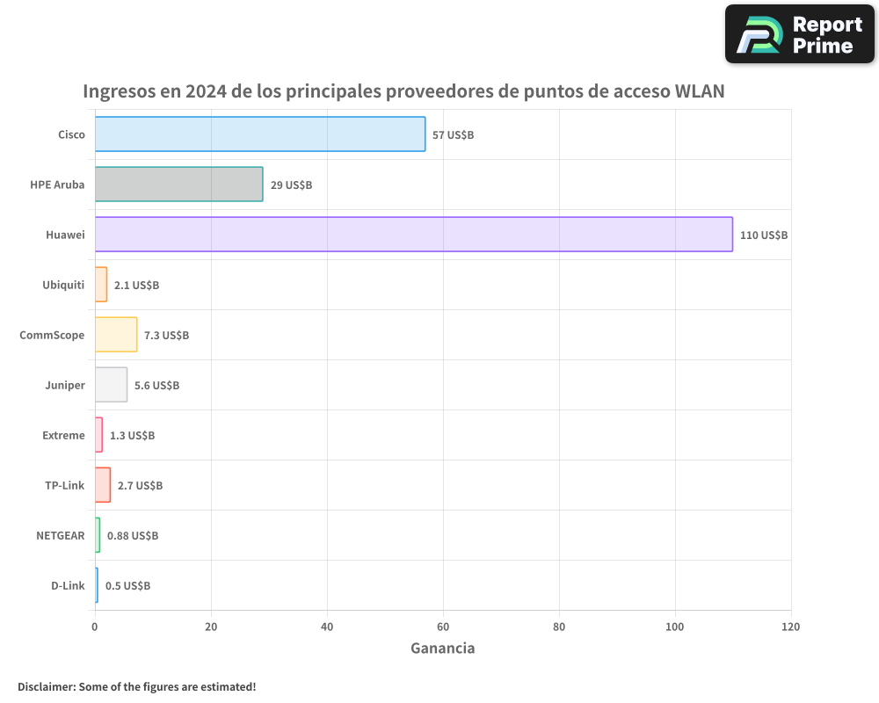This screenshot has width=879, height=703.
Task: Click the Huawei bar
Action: [x=413, y=235]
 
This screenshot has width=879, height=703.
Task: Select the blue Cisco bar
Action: [x=259, y=134]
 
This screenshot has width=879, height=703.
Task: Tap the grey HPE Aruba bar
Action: [x=178, y=185]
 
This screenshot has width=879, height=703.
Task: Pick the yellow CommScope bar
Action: [x=116, y=335]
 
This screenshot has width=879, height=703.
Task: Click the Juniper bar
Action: [x=111, y=385]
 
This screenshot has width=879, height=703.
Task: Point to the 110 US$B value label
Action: [x=764, y=236]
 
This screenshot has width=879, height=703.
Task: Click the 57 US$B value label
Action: [x=453, y=135]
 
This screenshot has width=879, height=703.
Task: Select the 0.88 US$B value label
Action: [x=133, y=535]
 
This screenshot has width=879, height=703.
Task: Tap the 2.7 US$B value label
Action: [x=140, y=485]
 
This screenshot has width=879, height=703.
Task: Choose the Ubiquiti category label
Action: [x=63, y=285]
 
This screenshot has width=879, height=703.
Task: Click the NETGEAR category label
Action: [x=61, y=535]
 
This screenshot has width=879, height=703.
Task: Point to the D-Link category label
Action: [x=68, y=585]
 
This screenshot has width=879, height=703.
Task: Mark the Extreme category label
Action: [x=63, y=435]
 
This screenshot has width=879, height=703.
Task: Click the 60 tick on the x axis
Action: [x=443, y=627]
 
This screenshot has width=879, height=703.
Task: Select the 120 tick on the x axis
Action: [x=790, y=627]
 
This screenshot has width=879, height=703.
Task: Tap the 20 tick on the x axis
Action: [x=211, y=627]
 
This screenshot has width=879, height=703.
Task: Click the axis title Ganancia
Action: [x=443, y=649]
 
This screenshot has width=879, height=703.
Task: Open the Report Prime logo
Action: [x=799, y=34]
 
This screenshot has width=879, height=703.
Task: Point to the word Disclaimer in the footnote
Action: [x=46, y=686]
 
